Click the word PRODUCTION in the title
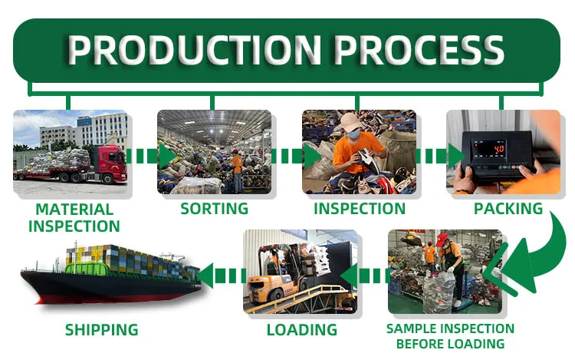(x=195, y=50)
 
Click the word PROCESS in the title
(x=419, y=50)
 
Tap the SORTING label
(x=214, y=209)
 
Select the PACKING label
(x=508, y=209)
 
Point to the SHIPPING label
(x=101, y=329)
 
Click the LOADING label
(x=302, y=329)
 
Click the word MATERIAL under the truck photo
(x=74, y=210)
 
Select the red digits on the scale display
(x=499, y=150)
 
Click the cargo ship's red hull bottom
(x=110, y=296)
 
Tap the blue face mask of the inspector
(x=353, y=134)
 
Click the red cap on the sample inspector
(x=441, y=239)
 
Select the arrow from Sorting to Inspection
(x=296, y=157)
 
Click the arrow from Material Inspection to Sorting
(x=151, y=157)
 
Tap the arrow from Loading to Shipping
(x=222, y=276)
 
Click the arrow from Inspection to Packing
(x=440, y=157)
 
